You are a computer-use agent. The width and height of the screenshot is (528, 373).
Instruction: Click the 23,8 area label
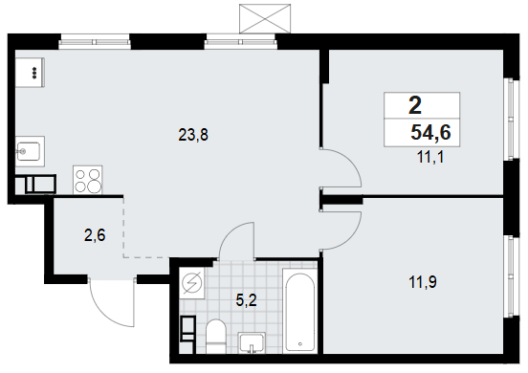click(x=193, y=135)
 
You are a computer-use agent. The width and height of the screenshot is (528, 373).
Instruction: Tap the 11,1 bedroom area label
click(x=430, y=157)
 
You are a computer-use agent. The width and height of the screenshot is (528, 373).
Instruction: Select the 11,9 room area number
click(x=423, y=282)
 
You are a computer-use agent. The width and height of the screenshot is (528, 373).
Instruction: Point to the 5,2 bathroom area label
click(x=247, y=300)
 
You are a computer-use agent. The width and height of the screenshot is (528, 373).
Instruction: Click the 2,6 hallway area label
click(x=95, y=235)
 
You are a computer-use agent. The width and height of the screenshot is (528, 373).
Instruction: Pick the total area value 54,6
click(x=430, y=132)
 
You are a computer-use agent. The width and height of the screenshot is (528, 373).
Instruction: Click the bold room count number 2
click(x=415, y=105)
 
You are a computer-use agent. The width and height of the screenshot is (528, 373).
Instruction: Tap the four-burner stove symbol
click(x=88, y=180)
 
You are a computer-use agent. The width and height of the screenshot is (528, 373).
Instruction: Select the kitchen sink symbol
click(x=30, y=151)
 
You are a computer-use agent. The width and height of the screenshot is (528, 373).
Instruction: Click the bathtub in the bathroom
click(x=299, y=311)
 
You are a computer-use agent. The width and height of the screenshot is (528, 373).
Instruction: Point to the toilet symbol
click(x=215, y=337)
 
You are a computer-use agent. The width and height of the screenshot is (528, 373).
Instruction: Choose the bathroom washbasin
click(x=252, y=342)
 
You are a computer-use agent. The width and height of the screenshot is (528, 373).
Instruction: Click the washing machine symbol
click(x=191, y=282)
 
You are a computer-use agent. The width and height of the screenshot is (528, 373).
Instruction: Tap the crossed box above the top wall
click(x=265, y=18)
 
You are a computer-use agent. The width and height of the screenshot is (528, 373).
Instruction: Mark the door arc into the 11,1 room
click(x=351, y=161)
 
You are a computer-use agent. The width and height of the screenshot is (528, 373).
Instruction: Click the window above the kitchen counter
click(x=95, y=42)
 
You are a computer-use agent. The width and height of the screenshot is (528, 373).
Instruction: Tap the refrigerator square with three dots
click(x=30, y=73)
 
